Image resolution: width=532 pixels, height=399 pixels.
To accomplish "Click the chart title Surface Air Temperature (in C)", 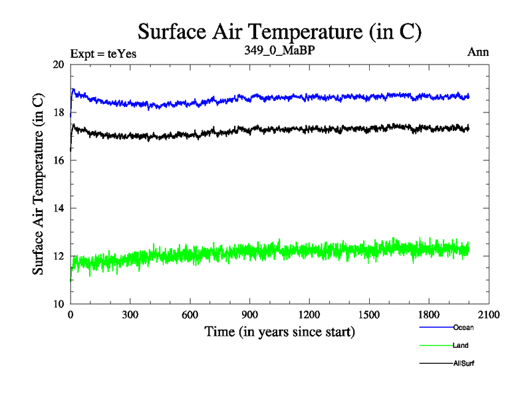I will click(x=280, y=31).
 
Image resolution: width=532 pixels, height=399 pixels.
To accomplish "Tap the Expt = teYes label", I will click(x=103, y=54).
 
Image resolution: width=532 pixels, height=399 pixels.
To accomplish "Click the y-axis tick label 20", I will click(x=59, y=65).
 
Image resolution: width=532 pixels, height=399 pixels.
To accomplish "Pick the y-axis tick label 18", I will click(x=59, y=113).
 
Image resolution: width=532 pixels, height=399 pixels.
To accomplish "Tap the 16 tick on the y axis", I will click(x=59, y=160).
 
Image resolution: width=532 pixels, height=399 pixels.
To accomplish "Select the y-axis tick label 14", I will click(x=59, y=208).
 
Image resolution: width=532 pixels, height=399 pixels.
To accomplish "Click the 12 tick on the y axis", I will click(x=59, y=256).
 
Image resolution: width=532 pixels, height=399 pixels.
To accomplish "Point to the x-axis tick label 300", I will click(x=130, y=315).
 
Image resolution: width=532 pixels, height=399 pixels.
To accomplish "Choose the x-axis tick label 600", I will click(x=190, y=315).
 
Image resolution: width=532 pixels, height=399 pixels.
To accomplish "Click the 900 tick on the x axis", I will click(x=250, y=315).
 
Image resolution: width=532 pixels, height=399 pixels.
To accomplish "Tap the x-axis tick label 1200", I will click(x=309, y=315).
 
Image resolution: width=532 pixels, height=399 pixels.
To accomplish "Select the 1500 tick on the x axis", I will click(x=369, y=315).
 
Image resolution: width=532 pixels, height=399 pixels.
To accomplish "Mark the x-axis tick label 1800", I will click(x=429, y=315).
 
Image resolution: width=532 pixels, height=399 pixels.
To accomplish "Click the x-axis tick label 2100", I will click(x=489, y=315).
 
